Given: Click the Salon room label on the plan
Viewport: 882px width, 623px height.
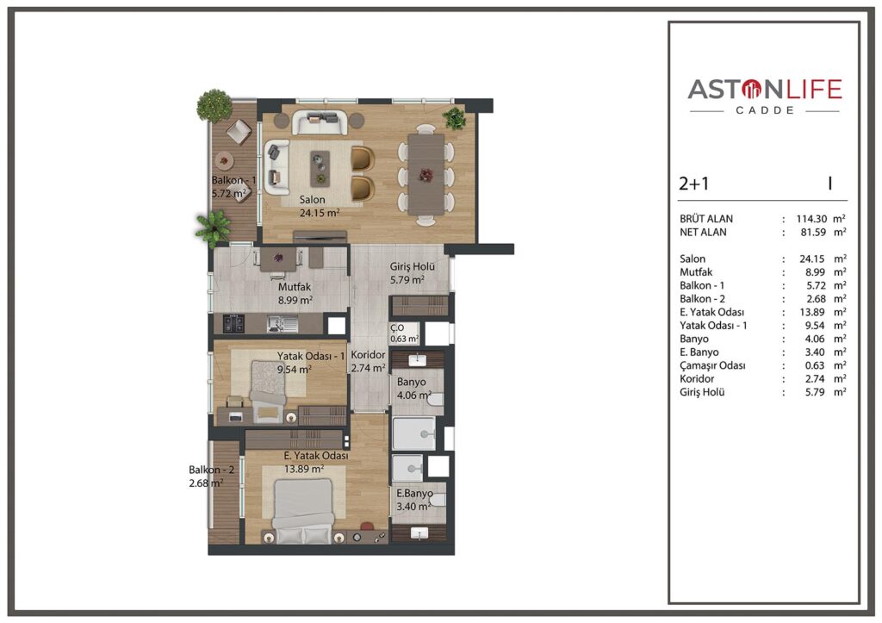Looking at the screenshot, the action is pyautogui.click(x=312, y=200).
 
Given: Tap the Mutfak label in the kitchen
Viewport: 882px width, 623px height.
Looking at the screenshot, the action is pyautogui.click(x=295, y=287).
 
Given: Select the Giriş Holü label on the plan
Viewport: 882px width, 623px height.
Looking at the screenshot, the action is pyautogui.click(x=413, y=267).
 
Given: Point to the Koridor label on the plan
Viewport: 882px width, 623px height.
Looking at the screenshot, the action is pyautogui.click(x=368, y=355).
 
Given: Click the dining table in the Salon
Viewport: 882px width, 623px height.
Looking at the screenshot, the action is pyautogui.click(x=425, y=174).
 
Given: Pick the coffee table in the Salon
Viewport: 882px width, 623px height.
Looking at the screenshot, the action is pyautogui.click(x=320, y=168).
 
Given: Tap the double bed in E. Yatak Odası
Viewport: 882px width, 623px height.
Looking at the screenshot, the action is pyautogui.click(x=304, y=510).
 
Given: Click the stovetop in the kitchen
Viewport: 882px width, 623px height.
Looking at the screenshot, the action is pyautogui.click(x=233, y=323).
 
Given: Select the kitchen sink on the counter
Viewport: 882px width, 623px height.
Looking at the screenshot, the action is pyautogui.click(x=283, y=323).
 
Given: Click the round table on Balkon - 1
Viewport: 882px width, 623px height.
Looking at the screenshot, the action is pyautogui.click(x=225, y=161).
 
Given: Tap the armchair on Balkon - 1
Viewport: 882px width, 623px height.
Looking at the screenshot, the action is pyautogui.click(x=239, y=132).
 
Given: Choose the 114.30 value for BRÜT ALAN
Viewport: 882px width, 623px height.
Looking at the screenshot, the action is pyautogui.click(x=811, y=219).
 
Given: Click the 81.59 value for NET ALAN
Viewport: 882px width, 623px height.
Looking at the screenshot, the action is pyautogui.click(x=813, y=232).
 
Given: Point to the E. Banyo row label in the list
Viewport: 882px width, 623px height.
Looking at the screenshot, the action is pyautogui.click(x=699, y=352).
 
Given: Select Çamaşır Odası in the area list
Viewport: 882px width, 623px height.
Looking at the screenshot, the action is pyautogui.click(x=712, y=366).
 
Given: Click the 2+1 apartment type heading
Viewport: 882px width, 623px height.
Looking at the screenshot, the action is pyautogui.click(x=694, y=184).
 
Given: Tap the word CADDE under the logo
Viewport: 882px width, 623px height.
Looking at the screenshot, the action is pyautogui.click(x=765, y=111).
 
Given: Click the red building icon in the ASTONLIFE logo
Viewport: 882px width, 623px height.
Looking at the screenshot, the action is pyautogui.click(x=751, y=89).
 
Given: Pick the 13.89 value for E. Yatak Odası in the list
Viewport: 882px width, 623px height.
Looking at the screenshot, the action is pyautogui.click(x=812, y=312).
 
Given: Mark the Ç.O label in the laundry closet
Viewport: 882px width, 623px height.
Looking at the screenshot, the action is pyautogui.click(x=397, y=327).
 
